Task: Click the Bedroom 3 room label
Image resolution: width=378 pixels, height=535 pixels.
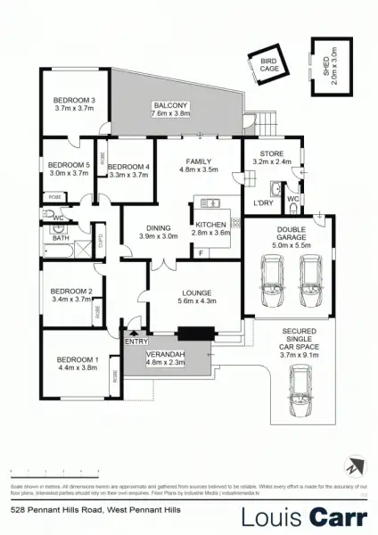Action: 75,99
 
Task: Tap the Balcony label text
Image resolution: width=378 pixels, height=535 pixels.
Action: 171,103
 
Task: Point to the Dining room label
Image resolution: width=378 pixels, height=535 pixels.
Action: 159,226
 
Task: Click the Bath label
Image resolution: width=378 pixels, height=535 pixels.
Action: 61,238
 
